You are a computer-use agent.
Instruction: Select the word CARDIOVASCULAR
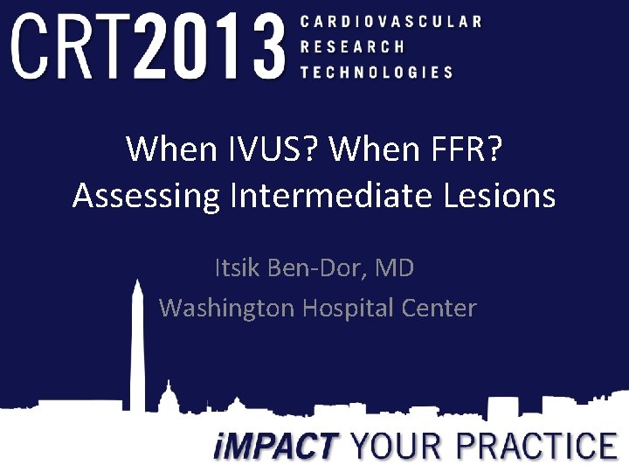tap(390, 21)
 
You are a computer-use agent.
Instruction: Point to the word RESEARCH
tap(352, 46)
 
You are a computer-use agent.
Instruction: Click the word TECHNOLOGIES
tap(377, 73)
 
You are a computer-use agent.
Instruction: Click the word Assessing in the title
tap(147, 196)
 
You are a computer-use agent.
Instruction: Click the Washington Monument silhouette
tap(136, 350)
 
